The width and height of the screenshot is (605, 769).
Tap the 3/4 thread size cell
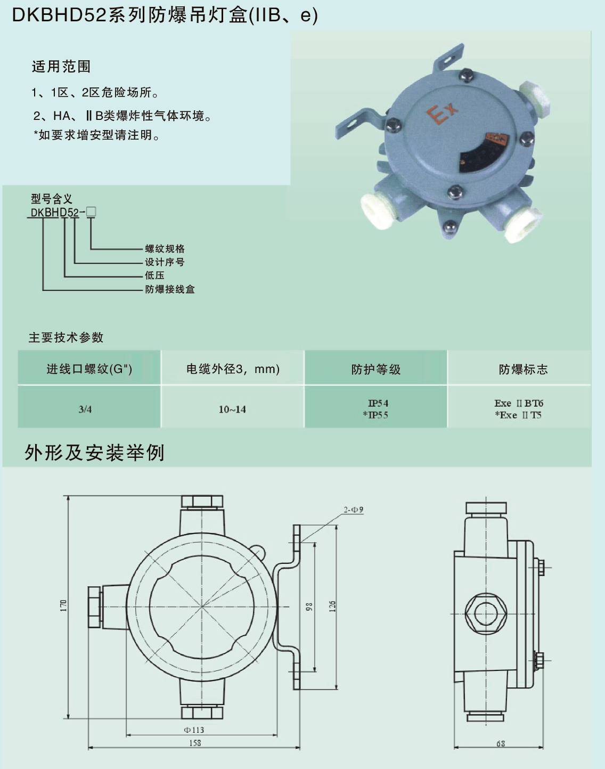[x=85, y=409]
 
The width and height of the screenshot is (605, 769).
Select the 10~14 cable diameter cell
[x=232, y=409]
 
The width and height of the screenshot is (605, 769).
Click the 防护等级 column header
[x=375, y=369]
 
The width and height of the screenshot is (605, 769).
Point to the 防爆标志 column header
[x=523, y=369]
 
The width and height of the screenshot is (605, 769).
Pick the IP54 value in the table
[x=378, y=403]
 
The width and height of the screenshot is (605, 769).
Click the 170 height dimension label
[x=63, y=605]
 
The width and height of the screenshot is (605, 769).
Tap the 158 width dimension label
[x=195, y=743]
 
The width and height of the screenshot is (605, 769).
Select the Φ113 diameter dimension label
[x=194, y=730]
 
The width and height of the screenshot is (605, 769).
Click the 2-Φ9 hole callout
[x=353, y=510]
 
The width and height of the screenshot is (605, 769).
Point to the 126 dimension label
[x=332, y=606]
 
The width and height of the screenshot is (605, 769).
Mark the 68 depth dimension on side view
[x=501, y=743]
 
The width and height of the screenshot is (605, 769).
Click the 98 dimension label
[x=309, y=606]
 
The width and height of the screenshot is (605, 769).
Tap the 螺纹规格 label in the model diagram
[x=165, y=249]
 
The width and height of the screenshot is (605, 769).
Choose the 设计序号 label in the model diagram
[x=165, y=262]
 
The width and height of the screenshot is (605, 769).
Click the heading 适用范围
[x=61, y=67]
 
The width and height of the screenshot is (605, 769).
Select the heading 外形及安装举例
[x=94, y=453]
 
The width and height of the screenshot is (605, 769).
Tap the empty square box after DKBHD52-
[x=91, y=212]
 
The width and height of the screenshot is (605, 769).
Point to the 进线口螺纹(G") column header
[x=89, y=369]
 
